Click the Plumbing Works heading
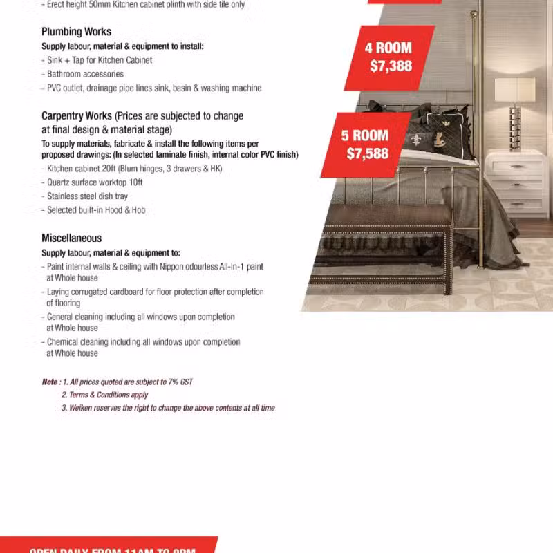pos(76,32)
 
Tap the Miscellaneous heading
pos(71,238)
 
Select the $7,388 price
pos(391,66)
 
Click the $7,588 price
pos(367,153)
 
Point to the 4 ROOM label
pos(388,48)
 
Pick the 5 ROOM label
pos(364,135)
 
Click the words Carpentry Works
pos(76,116)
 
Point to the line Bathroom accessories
pos(85,74)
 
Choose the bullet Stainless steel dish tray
pos(87,196)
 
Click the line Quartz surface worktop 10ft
pos(95,182)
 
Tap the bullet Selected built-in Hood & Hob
pos(96,210)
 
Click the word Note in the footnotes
pos(50,382)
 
